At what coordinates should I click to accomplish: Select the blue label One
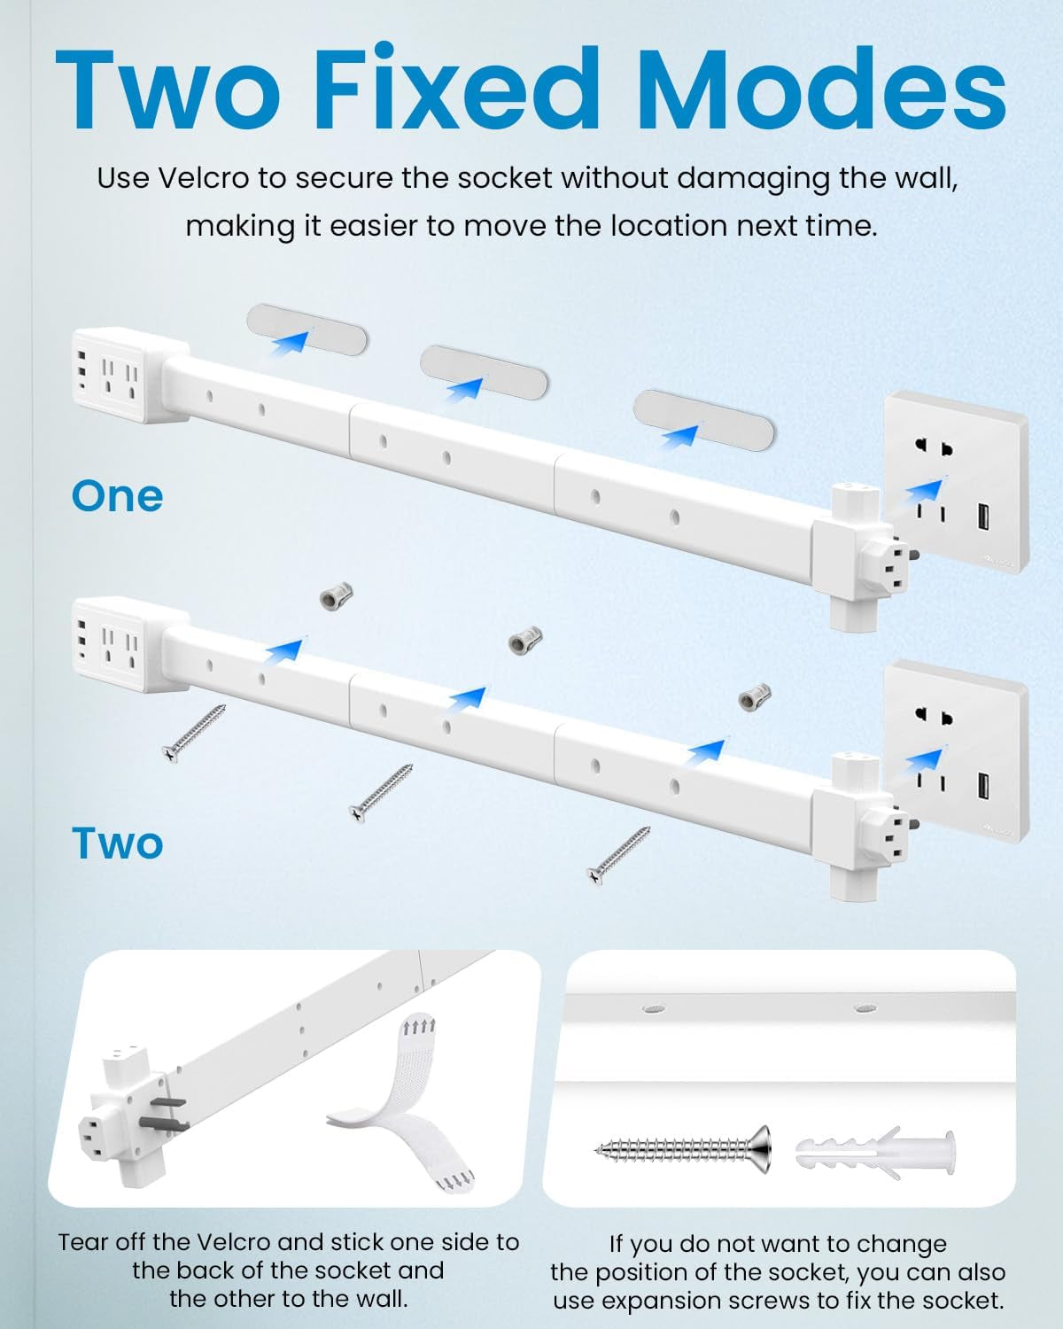[x=117, y=495]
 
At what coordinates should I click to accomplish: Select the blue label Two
[x=117, y=843]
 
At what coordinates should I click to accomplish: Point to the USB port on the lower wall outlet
[x=983, y=785]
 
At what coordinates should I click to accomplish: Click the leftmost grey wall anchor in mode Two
[x=331, y=595]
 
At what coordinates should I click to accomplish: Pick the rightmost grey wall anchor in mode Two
[x=754, y=697]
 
